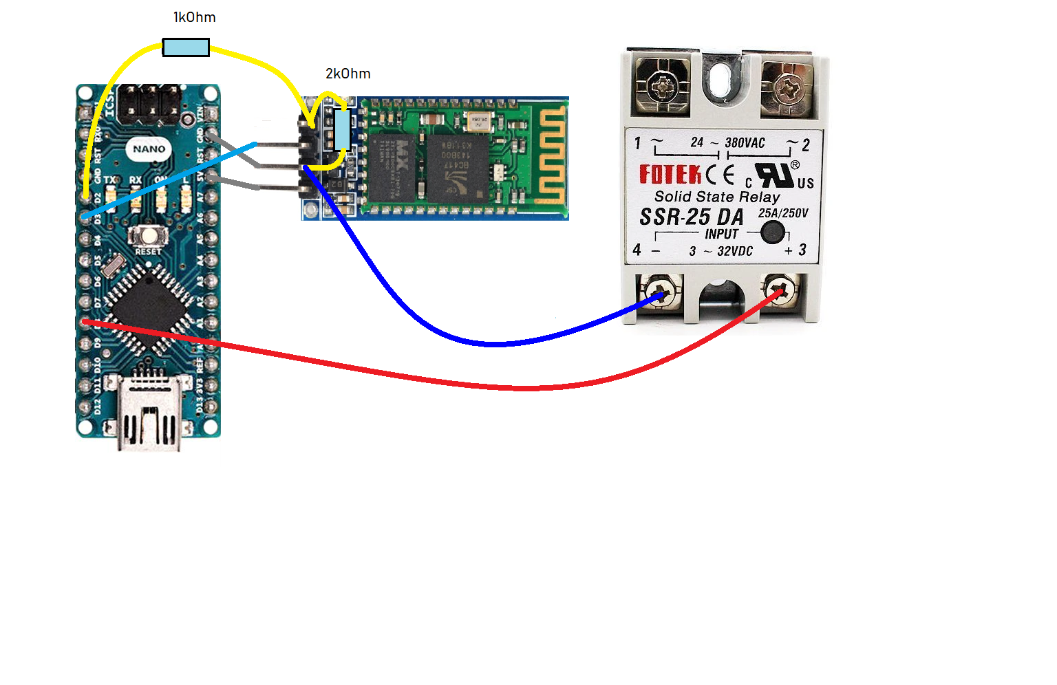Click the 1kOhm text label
[x=194, y=17]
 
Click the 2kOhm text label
[x=348, y=74]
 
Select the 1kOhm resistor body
[x=186, y=47]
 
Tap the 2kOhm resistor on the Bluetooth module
[x=342, y=129]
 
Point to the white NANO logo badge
[x=149, y=149]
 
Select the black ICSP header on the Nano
[x=149, y=104]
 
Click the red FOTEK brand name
[x=670, y=175]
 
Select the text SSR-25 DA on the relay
[x=692, y=217]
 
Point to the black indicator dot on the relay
[x=773, y=232]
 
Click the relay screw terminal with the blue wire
[x=659, y=293]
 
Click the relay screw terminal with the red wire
[x=781, y=292]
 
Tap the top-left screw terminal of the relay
[x=663, y=86]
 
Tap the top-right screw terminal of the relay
[x=787, y=88]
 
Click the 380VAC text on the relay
[x=745, y=143]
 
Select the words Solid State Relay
[x=717, y=197]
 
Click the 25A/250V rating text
[x=783, y=213]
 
